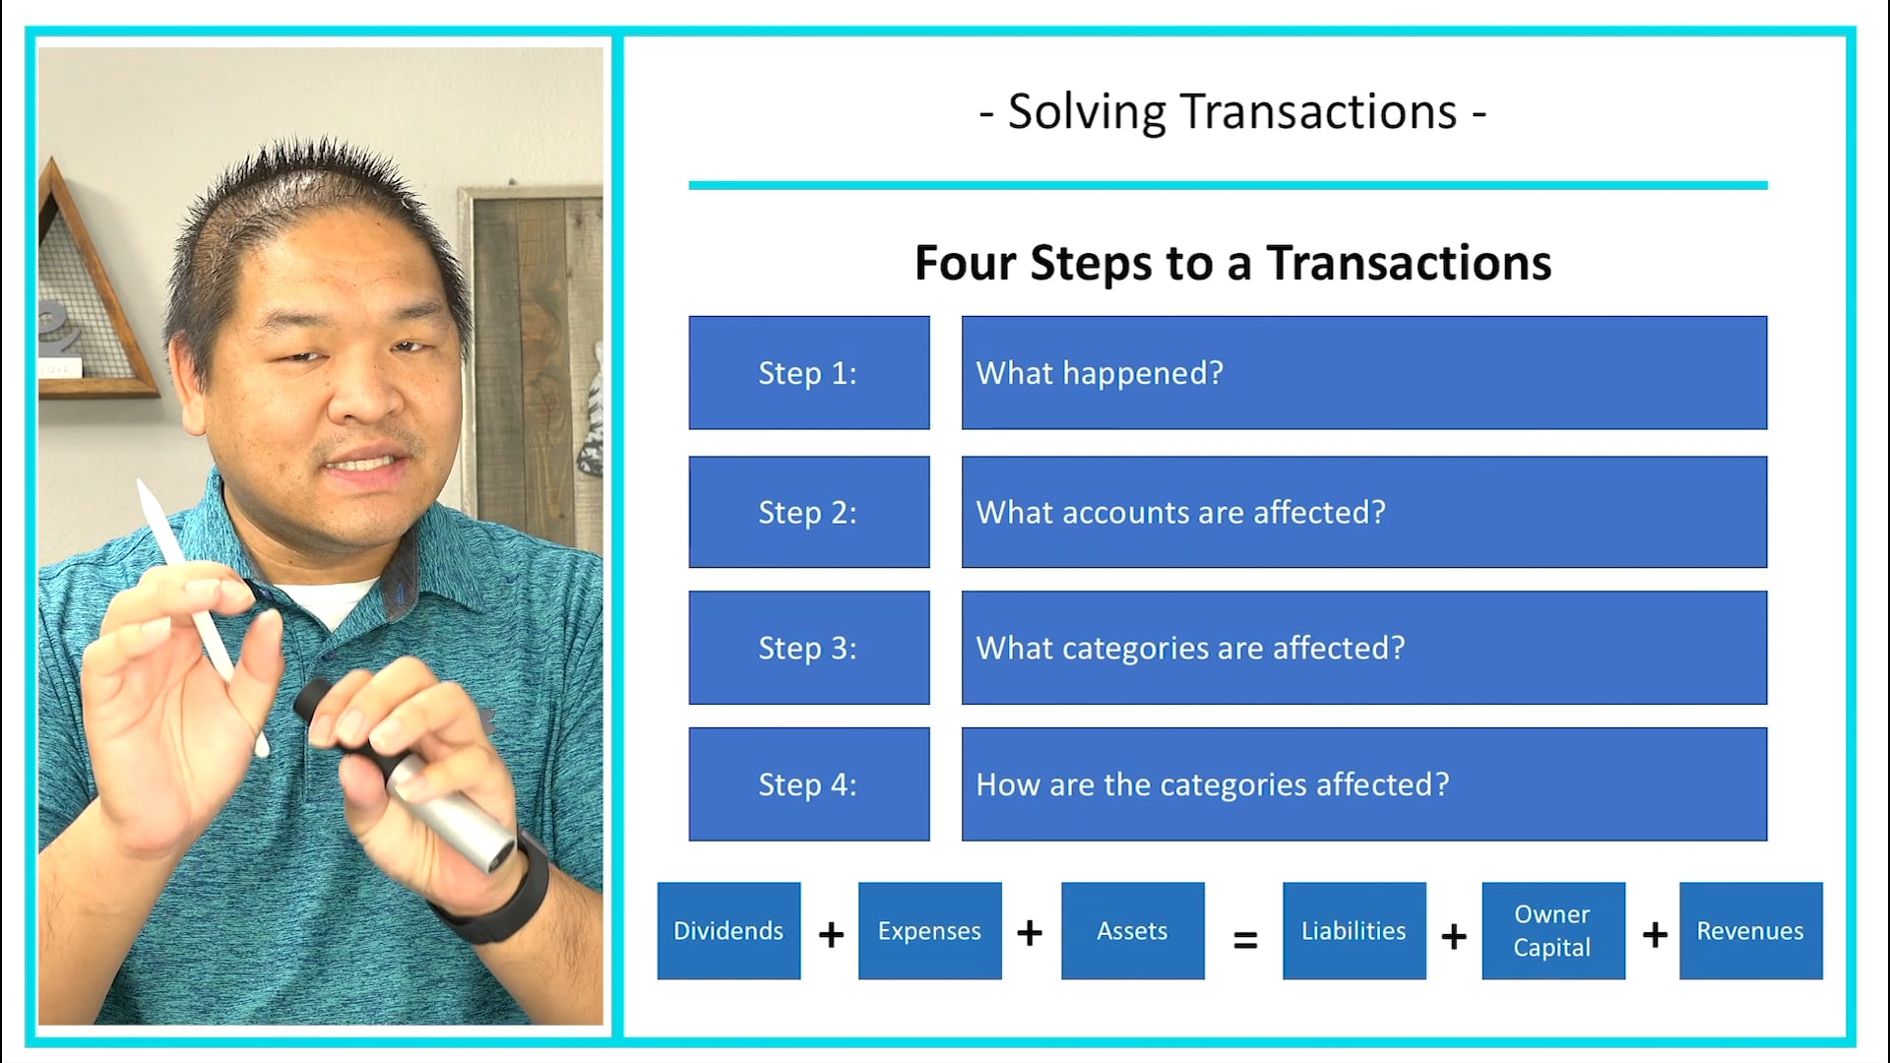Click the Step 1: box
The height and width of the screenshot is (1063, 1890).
808,373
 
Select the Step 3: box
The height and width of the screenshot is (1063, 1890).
808,648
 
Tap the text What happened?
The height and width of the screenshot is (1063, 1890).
1100,373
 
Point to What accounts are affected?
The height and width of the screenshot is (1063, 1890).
1180,513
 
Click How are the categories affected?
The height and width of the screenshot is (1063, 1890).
1212,784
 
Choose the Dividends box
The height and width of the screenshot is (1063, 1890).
728,931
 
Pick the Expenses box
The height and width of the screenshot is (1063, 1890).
929,931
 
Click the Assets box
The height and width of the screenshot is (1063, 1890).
1132,931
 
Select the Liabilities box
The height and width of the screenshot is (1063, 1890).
1354,931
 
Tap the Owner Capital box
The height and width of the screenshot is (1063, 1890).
1552,931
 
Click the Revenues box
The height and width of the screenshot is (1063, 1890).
1750,931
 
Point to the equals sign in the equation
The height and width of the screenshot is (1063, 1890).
1245,941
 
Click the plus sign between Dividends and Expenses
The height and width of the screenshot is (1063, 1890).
831,934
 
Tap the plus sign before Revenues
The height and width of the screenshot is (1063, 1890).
1655,934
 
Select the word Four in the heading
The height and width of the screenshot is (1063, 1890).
965,264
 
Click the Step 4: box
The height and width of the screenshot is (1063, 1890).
808,784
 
